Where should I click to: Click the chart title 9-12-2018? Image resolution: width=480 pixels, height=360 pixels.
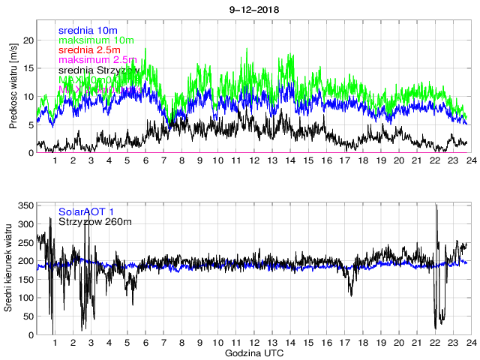click(253, 8)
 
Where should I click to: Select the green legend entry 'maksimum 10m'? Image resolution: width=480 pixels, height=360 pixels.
click(96, 40)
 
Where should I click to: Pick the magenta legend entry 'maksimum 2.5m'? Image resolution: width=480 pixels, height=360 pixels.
click(97, 59)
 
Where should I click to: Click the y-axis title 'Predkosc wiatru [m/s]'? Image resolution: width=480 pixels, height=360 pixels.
click(13, 87)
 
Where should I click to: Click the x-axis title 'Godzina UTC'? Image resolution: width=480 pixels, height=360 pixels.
click(253, 352)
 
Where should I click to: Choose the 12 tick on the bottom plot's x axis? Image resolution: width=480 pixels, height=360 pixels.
click(253, 343)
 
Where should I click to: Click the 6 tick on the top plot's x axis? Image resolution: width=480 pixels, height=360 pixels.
click(145, 160)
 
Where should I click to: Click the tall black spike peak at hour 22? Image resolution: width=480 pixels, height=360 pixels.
click(436, 205)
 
